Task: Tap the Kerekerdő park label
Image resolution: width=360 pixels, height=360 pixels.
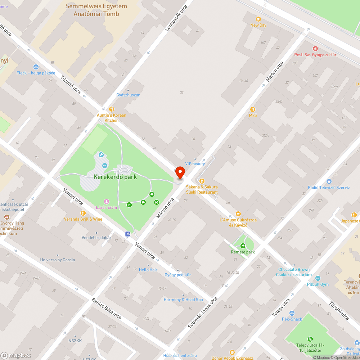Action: click(x=115, y=177)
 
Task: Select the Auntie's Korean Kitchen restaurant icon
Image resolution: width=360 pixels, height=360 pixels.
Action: click(x=112, y=109)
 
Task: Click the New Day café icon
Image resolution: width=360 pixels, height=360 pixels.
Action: click(x=258, y=19)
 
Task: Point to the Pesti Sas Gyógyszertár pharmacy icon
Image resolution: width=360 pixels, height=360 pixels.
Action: click(x=315, y=49)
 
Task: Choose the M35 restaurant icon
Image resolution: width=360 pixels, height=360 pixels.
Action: click(x=253, y=109)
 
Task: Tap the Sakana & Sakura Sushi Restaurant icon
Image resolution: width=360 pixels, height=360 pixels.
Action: click(x=202, y=181)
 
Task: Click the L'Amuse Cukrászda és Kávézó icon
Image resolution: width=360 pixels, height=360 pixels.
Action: click(x=238, y=214)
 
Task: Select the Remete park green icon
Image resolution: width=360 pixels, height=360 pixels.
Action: click(x=243, y=246)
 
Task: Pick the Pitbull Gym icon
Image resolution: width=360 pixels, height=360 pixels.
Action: click(x=318, y=278)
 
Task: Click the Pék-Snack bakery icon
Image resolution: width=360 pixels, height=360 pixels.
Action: click(x=292, y=313)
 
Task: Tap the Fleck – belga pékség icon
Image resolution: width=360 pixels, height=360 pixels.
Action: click(x=36, y=67)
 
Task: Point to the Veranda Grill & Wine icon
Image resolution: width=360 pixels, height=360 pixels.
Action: click(x=83, y=213)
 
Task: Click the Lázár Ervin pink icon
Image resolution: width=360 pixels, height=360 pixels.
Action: click(x=106, y=201)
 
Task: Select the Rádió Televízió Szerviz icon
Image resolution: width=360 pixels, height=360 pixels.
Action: click(x=329, y=181)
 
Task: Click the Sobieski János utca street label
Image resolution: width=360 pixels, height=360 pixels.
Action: click(x=203, y=312)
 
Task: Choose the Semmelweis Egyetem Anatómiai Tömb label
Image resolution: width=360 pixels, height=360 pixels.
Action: click(x=96, y=10)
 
